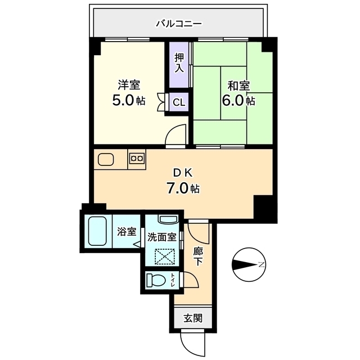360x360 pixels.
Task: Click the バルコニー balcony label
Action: coord(179,24)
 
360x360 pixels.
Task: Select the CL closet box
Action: coord(179,102)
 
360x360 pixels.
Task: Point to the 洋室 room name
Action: coord(129,85)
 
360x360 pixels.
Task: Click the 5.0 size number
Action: coord(124,102)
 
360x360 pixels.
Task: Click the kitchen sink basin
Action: coord(107,159)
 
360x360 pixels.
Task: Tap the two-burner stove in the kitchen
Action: coord(137,159)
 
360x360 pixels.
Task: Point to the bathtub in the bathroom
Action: coord(100,231)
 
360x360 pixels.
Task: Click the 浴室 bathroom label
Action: coord(127,231)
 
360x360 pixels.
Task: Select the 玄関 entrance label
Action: coord(191,318)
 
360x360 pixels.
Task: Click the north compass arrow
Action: coord(246,264)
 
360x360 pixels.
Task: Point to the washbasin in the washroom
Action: coord(167,220)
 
